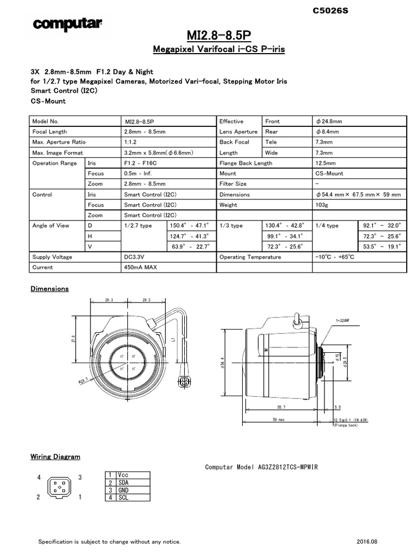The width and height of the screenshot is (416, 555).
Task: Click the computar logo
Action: [68, 23]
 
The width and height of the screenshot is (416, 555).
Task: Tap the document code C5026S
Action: [331, 10]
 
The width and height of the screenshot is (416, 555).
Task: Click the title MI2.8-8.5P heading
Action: [219, 36]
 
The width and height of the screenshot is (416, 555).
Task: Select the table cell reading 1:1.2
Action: [132, 142]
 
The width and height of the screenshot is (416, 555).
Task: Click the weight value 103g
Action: [323, 205]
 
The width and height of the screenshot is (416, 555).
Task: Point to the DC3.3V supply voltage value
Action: [135, 257]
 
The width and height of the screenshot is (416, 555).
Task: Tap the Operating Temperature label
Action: [250, 257]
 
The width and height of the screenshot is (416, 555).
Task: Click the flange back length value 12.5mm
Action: [326, 163]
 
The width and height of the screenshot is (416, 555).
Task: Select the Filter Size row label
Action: [233, 184]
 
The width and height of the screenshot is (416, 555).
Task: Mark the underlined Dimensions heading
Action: [49, 289]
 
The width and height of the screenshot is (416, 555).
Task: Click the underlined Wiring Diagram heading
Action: [55, 457]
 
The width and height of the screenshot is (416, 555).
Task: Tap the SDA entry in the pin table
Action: [123, 482]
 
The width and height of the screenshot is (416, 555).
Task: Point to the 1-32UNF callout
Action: [343, 321]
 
